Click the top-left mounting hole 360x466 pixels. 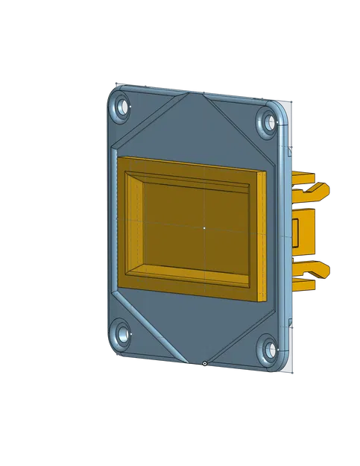click(119, 108)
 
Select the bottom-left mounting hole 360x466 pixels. click(119, 333)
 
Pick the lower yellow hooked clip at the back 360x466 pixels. click(313, 273)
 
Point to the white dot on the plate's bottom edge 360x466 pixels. click(204, 364)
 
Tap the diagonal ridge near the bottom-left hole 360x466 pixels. click(149, 328)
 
